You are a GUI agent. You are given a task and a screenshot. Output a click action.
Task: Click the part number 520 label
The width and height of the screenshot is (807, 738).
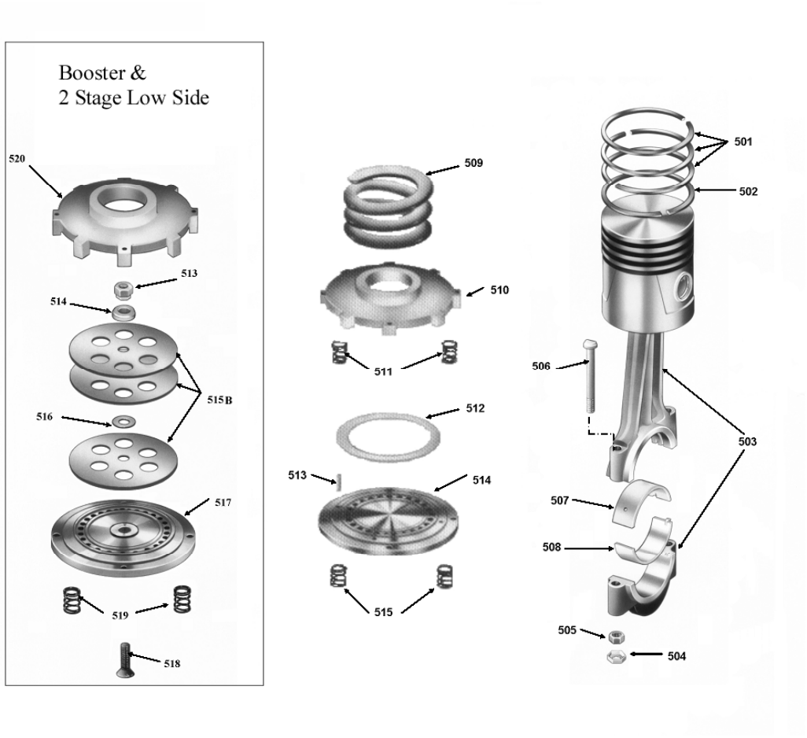click(x=17, y=159)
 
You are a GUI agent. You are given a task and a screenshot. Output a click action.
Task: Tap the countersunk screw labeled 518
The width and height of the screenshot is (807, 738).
click(x=124, y=660)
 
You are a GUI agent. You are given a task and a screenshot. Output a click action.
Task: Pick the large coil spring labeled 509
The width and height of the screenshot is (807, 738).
click(x=388, y=206)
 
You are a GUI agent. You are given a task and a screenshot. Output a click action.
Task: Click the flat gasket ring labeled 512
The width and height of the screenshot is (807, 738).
click(x=388, y=437)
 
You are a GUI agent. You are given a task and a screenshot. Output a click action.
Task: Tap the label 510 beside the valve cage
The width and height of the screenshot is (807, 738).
click(x=499, y=290)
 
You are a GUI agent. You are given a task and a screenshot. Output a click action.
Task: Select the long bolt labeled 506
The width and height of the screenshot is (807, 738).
click(x=591, y=376)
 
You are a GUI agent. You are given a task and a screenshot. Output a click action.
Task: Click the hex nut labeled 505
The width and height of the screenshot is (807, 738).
click(x=616, y=637)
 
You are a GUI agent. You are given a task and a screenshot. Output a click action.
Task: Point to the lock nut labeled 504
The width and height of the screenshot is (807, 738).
click(x=616, y=657)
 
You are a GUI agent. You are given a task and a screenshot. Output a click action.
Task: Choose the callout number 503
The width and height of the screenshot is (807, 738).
click(x=747, y=441)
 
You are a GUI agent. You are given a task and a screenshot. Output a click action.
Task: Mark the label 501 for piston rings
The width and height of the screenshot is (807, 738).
click(x=743, y=142)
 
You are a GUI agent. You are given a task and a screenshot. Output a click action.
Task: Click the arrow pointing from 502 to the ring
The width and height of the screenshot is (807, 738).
click(x=716, y=190)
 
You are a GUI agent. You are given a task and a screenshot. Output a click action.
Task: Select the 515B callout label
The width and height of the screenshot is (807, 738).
click(x=219, y=400)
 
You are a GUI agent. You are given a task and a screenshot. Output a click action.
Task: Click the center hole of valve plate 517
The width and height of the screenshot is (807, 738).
click(x=123, y=529)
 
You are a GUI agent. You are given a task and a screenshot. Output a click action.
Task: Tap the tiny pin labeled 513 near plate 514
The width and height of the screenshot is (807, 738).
click(x=339, y=483)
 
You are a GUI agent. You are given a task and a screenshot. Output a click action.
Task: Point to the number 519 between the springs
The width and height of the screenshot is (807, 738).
click(x=120, y=615)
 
